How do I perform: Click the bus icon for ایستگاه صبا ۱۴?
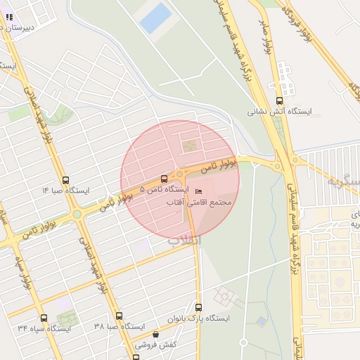(65, 180)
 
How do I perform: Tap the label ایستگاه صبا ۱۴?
(65, 191)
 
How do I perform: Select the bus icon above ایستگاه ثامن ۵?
(165, 179)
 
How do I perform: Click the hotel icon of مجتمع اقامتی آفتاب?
(198, 192)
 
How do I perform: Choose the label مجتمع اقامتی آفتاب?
(198, 202)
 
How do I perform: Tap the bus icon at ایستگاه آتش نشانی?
(280, 101)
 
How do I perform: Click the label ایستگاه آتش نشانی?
(281, 111)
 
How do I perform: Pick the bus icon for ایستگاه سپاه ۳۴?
(44, 318)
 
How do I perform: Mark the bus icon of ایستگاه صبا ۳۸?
(119, 316)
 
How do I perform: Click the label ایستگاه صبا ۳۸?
(119, 327)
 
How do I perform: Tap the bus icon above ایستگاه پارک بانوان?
(198, 307)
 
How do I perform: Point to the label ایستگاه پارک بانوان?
(198, 319)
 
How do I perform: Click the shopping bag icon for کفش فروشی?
(155, 335)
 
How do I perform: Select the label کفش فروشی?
(155, 345)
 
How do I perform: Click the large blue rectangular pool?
(155, 18)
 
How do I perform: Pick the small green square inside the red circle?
(188, 146)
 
